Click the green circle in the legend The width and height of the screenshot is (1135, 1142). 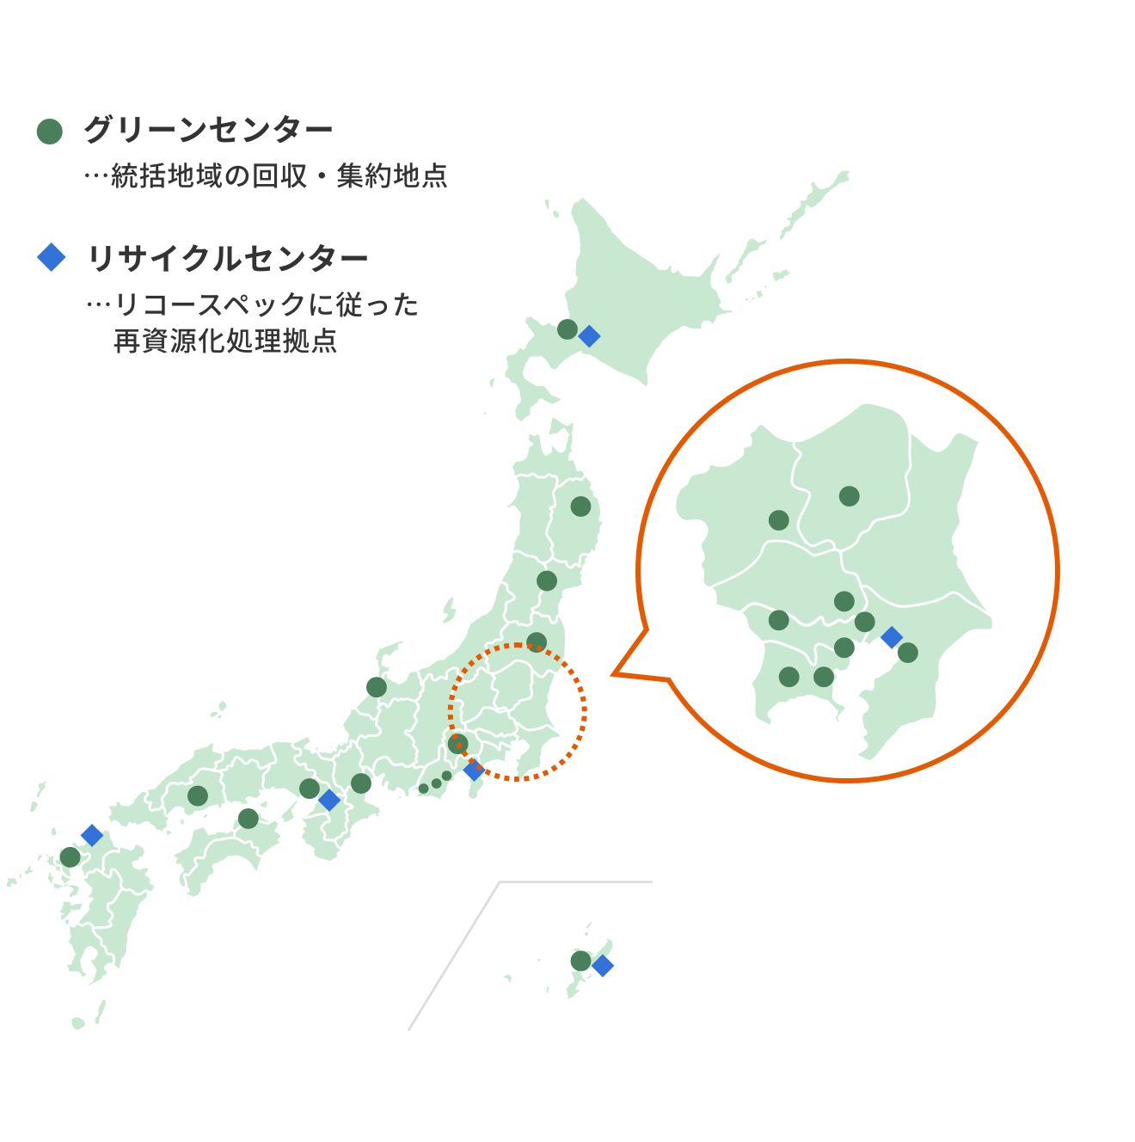click(x=50, y=131)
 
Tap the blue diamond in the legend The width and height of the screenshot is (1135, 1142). click(x=52, y=257)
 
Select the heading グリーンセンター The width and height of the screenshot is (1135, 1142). click(x=208, y=130)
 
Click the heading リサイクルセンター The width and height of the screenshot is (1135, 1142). click(x=228, y=258)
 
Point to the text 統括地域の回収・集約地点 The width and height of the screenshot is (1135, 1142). click(x=279, y=175)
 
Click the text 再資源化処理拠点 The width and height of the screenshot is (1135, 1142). click(x=225, y=341)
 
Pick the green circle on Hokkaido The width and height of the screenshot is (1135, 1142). click(x=567, y=329)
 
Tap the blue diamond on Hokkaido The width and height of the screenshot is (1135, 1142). click(x=589, y=336)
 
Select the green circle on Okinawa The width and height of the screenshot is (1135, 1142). click(x=581, y=961)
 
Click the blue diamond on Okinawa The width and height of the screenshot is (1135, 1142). click(x=603, y=966)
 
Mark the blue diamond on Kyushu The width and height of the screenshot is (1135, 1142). click(x=92, y=835)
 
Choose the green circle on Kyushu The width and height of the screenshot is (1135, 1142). click(x=71, y=857)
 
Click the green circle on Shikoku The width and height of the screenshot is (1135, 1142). click(x=248, y=819)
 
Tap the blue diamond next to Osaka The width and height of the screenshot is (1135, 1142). click(x=329, y=800)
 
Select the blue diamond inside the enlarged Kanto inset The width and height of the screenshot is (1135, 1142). click(x=892, y=637)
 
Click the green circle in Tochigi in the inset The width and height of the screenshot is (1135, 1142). click(x=849, y=496)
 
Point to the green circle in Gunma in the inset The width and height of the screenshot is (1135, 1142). click(x=778, y=520)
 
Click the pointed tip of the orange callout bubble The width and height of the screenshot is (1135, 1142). click(x=613, y=674)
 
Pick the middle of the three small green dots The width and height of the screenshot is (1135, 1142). click(x=436, y=783)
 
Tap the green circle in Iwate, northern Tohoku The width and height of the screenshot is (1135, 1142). click(x=581, y=507)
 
